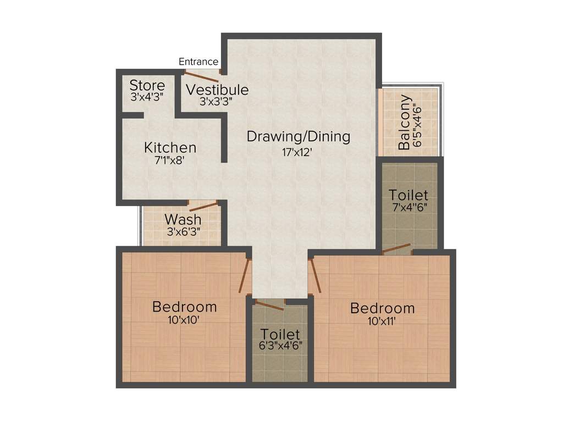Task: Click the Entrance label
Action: pos(198,62)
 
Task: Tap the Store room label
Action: pos(147,86)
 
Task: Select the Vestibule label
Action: pos(217,90)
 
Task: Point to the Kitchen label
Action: pos(170,147)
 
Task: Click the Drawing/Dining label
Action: pos(298,136)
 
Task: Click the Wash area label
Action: pos(183,220)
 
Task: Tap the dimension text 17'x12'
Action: pos(297,152)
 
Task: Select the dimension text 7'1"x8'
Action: pos(170,161)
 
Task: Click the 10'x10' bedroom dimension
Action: pos(184,320)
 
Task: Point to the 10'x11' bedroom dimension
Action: pos(382,321)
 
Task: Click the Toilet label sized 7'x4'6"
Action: pos(409,195)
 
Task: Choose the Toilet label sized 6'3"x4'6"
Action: pos(280,334)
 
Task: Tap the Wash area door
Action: pos(204,207)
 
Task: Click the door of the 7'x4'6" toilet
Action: pos(396,248)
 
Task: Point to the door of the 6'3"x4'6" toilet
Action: pos(270,306)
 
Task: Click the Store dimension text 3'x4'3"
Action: pos(147,97)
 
